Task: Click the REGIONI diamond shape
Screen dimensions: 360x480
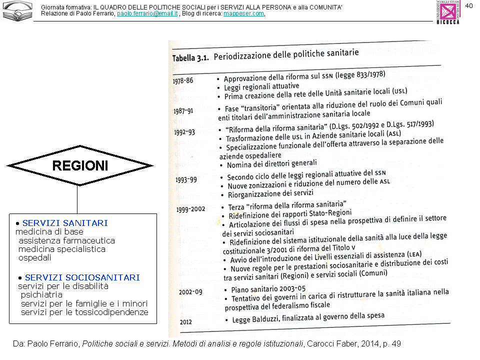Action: [x=80, y=165]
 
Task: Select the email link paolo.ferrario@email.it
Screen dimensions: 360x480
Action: [x=147, y=13]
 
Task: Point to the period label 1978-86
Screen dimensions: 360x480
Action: [x=182, y=81]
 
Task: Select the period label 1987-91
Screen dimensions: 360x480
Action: [x=183, y=111]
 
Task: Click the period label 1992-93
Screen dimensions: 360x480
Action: [x=184, y=132]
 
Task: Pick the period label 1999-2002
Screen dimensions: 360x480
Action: [x=190, y=209]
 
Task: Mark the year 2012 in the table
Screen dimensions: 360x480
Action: [x=186, y=322]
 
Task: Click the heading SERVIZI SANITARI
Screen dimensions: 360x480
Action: [x=65, y=223]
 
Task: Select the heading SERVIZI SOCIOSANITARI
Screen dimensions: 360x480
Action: [x=82, y=277]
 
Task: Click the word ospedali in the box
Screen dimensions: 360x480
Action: [x=35, y=258]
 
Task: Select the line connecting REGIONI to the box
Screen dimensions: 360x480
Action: [x=77, y=199]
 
